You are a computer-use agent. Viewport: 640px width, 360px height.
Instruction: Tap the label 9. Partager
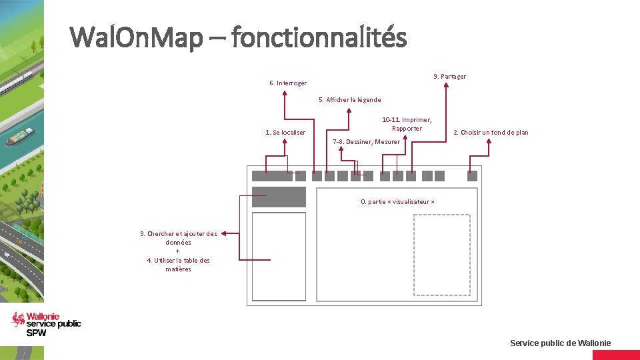click(449, 77)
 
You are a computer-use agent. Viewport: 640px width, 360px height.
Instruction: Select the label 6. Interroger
click(288, 83)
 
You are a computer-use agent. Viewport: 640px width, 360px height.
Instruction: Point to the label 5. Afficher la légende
click(350, 100)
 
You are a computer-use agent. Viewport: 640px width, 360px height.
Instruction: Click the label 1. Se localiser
click(285, 133)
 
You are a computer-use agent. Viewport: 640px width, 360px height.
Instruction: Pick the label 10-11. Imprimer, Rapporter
click(407, 124)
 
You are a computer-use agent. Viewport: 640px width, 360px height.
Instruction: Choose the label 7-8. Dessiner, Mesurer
click(366, 141)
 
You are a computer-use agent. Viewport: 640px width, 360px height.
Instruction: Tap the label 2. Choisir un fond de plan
click(491, 133)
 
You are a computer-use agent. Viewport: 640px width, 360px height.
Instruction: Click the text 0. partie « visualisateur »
click(397, 201)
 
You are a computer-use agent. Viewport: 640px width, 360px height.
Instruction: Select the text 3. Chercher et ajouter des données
click(178, 238)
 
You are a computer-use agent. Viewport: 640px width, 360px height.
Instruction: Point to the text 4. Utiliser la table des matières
click(178, 265)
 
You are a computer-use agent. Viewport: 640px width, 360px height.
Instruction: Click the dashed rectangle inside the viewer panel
click(441, 254)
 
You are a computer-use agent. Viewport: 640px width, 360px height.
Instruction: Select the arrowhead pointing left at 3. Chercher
click(223, 233)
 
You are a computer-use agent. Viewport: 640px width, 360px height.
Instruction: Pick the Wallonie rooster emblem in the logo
click(19, 320)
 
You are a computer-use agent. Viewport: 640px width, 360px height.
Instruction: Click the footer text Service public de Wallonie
click(560, 343)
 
